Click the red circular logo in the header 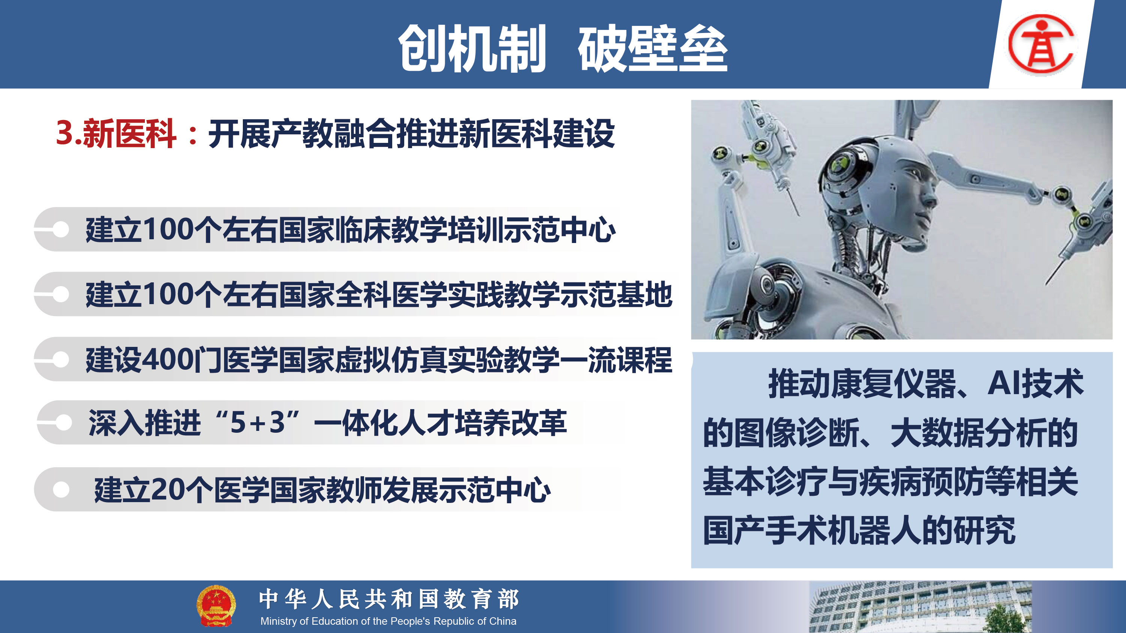coord(1041,43)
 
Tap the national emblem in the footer coord(216,606)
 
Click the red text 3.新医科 coord(116,133)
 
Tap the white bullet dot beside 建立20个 coord(61,489)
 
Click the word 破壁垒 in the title coord(653,48)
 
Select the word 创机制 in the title coord(472,48)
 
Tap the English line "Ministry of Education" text coord(388,621)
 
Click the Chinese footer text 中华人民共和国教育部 coord(389,599)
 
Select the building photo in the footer coord(920,607)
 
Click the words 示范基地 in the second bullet coord(616,295)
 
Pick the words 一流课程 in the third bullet coord(616,360)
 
